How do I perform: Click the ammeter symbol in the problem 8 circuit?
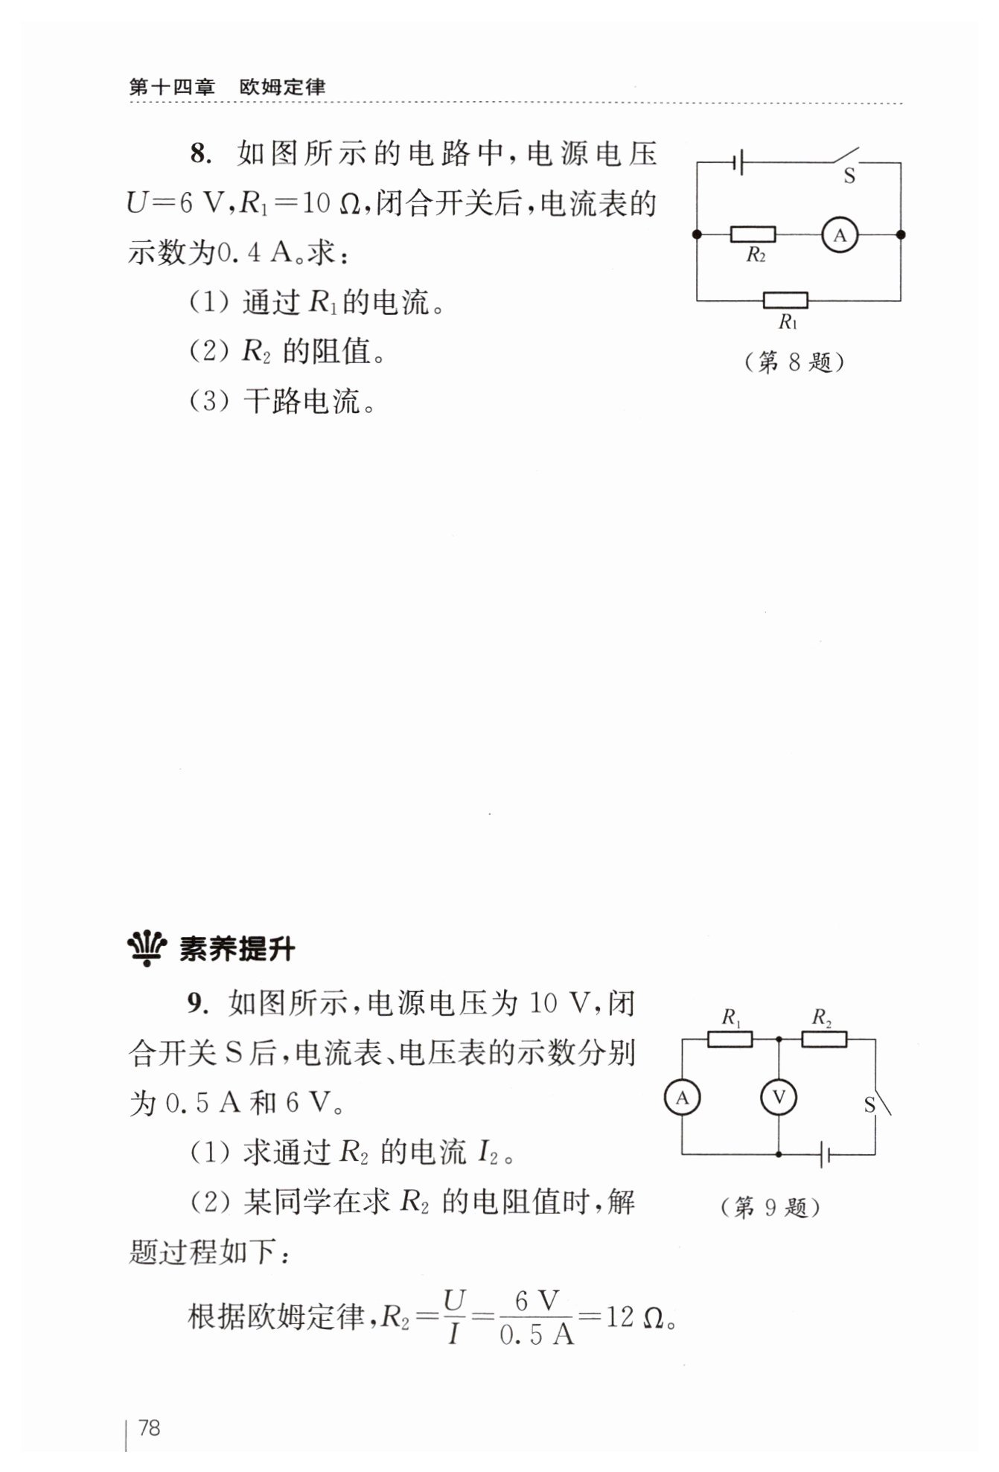click(840, 235)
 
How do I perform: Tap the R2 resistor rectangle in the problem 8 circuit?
click(753, 235)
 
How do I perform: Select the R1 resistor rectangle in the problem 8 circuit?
click(785, 301)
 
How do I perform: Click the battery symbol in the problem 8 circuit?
click(739, 162)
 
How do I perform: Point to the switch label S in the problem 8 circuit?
click(849, 177)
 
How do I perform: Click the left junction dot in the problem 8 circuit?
click(697, 235)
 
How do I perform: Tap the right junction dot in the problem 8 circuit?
click(901, 235)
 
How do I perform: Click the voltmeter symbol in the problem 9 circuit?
click(779, 1097)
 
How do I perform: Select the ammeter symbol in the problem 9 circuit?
click(682, 1097)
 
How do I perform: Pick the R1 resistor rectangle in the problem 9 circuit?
click(730, 1039)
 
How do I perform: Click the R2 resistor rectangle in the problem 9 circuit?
click(824, 1039)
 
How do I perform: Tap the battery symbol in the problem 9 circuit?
click(823, 1155)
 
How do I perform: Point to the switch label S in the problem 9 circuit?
click(869, 1106)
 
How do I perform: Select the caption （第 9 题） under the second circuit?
click(770, 1207)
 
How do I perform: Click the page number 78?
click(149, 1427)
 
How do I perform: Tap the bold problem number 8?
click(198, 154)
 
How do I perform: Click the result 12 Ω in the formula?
click(633, 1316)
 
